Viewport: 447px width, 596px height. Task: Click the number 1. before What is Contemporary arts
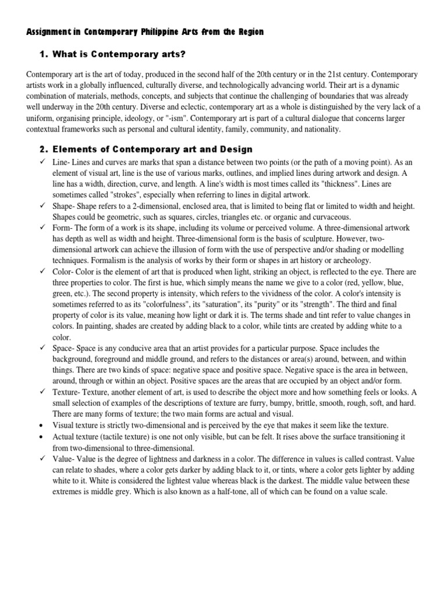43,54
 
